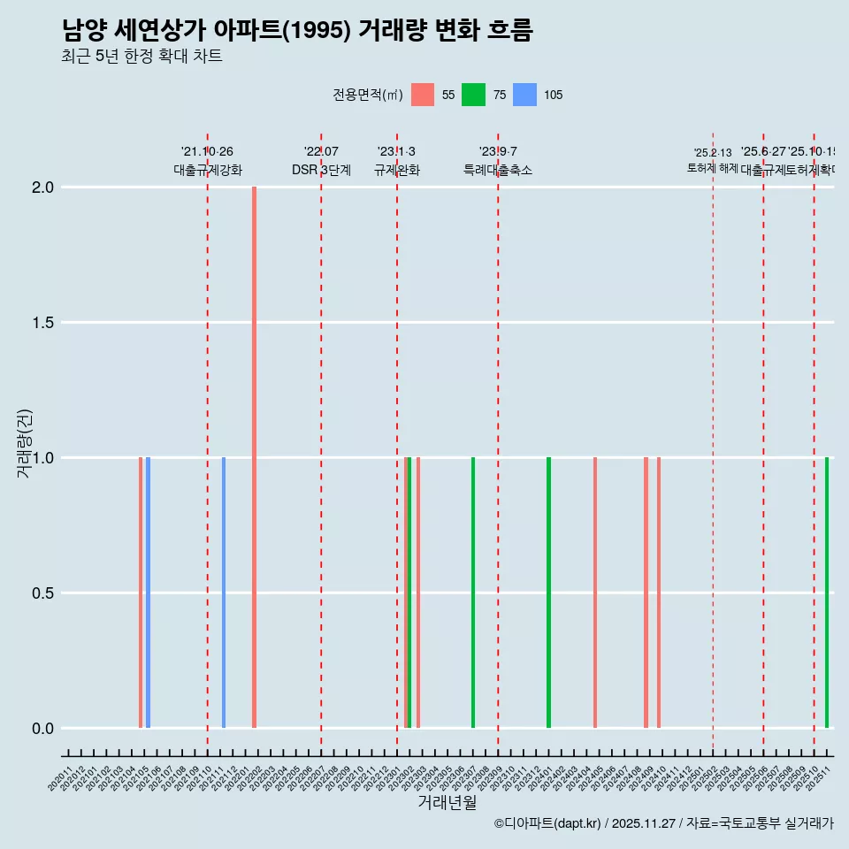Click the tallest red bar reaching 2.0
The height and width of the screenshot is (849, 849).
coord(254,457)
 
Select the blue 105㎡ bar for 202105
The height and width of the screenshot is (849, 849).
coord(148,593)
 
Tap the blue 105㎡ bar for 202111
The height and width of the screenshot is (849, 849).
coord(224,593)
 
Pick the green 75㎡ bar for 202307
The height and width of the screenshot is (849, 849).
coord(473,593)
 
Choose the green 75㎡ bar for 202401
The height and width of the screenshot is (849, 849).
coord(548,593)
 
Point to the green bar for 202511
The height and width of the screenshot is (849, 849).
coord(827,593)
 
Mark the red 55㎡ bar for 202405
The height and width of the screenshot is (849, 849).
coord(595,593)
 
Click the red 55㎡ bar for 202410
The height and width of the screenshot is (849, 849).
coord(659,593)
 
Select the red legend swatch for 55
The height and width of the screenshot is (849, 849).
coord(423,95)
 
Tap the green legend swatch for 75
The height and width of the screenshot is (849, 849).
coord(474,95)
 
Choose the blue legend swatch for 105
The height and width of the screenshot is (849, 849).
coord(525,95)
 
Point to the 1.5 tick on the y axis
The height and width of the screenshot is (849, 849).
coord(43,323)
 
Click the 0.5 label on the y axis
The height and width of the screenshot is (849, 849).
coord(43,593)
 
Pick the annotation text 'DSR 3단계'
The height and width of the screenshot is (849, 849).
coord(321,171)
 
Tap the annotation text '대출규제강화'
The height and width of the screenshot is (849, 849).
coord(208,171)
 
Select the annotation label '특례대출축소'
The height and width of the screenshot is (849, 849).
coord(498,171)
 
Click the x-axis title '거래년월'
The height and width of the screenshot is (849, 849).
coord(447,803)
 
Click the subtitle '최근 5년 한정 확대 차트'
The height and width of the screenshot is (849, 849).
coord(141,57)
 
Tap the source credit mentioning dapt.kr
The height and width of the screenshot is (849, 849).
coord(663,823)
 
